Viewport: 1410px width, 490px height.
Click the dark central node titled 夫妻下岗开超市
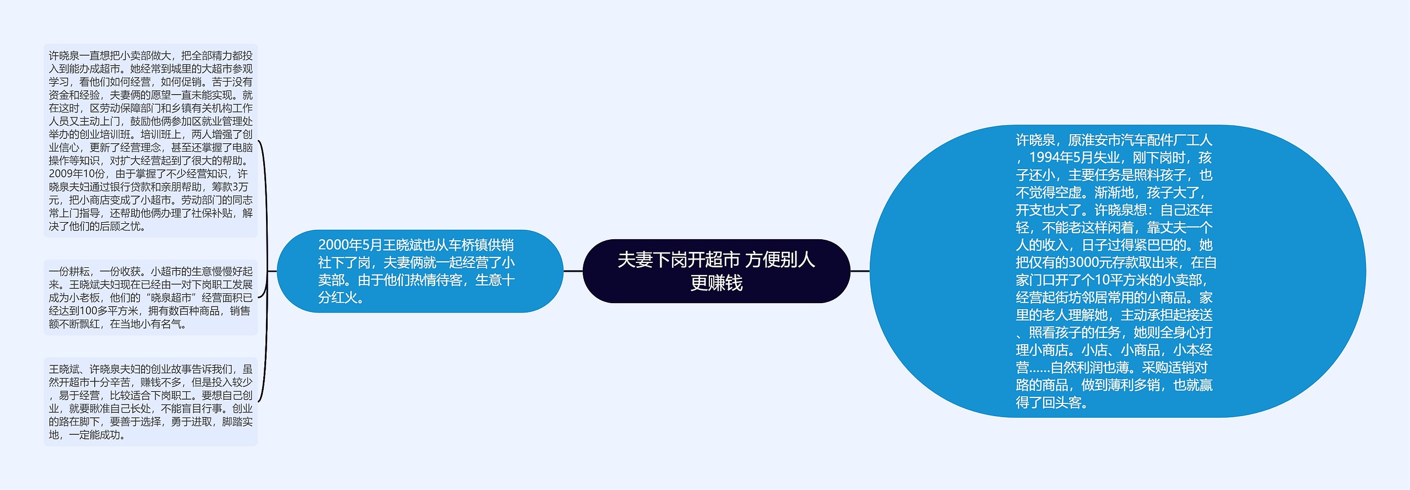click(x=716, y=271)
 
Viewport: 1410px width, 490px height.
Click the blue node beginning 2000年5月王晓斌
click(x=420, y=271)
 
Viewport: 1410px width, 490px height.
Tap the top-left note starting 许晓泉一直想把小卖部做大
click(x=150, y=141)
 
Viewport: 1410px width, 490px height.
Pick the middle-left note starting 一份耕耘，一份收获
click(x=150, y=297)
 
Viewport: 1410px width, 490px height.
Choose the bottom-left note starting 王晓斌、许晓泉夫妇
click(x=150, y=401)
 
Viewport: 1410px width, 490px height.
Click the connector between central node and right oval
click(x=860, y=271)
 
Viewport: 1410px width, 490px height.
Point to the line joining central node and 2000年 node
click(x=573, y=271)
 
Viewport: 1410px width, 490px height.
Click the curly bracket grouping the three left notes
click(x=265, y=271)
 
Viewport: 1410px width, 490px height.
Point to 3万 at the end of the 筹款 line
click(x=240, y=187)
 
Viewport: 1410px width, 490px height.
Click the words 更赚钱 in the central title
click(x=716, y=283)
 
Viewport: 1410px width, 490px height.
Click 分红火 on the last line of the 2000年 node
click(x=337, y=297)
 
